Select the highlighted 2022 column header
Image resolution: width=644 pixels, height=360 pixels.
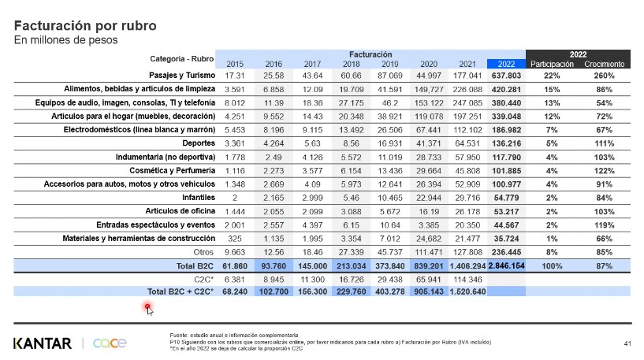506,63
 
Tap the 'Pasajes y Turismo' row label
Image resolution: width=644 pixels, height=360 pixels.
182,75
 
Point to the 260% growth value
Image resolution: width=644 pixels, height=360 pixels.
605,76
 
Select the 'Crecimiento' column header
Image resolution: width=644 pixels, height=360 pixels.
605,63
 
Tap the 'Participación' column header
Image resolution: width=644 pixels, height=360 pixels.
552,63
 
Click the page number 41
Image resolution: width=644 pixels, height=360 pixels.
627,343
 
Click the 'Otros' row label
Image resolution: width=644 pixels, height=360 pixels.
204,252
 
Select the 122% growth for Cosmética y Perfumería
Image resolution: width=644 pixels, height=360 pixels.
605,170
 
